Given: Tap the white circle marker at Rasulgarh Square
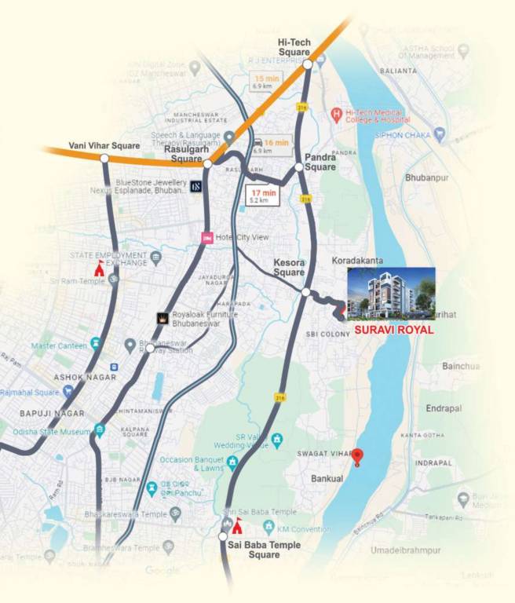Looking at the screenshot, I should pos(207,163).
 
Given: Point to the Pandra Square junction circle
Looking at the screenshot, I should pos(299,167).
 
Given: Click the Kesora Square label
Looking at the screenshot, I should pos(289,267).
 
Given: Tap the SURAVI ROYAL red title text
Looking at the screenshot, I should pos(394,331).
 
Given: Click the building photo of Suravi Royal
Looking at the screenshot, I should pos(390,294).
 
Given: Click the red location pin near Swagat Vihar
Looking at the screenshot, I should pos(357,457).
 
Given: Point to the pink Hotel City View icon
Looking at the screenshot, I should pos(207,238).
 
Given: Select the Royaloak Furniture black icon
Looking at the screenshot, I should pos(162,319).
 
